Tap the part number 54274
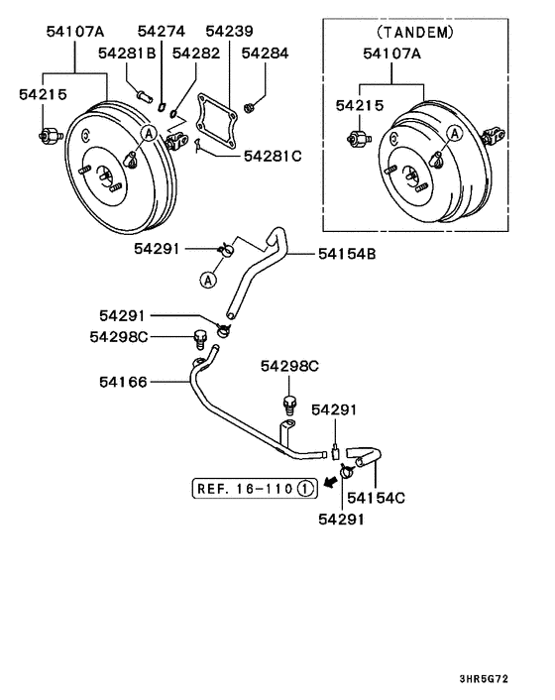click(160, 32)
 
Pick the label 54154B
click(347, 255)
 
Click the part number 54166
click(123, 381)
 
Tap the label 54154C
click(377, 497)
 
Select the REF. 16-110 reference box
click(255, 487)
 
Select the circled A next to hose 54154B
click(209, 281)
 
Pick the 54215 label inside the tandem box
click(358, 104)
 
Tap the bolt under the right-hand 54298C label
click(289, 405)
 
